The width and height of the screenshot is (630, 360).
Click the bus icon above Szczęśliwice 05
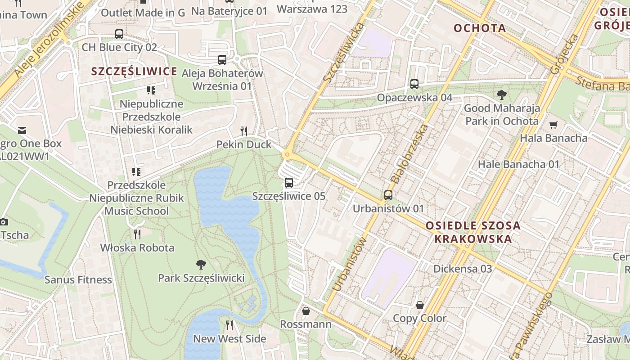(x=289, y=183)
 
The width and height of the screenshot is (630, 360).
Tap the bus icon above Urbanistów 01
(x=388, y=195)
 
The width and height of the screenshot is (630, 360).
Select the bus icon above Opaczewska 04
(x=414, y=84)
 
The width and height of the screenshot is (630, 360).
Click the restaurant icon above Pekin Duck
(x=244, y=131)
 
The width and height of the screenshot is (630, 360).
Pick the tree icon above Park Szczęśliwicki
(x=201, y=265)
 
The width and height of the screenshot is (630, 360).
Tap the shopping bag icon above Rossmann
(x=306, y=311)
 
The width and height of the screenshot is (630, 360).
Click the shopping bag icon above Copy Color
(x=419, y=305)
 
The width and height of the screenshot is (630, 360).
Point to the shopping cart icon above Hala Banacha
(x=553, y=125)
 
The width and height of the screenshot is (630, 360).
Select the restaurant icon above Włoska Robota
(x=137, y=234)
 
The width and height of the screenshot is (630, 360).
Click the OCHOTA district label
(x=480, y=28)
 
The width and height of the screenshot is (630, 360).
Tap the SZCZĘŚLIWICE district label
(x=134, y=72)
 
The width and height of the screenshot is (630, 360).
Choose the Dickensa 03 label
(x=463, y=269)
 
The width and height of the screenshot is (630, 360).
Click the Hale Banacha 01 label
(x=518, y=164)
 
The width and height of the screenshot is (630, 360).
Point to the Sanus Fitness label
(x=78, y=279)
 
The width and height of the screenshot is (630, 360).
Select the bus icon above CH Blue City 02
(x=119, y=34)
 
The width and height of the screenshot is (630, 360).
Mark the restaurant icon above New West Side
(x=229, y=325)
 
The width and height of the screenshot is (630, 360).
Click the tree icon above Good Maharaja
(x=502, y=95)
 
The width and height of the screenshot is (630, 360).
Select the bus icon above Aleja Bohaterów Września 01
(x=222, y=60)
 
